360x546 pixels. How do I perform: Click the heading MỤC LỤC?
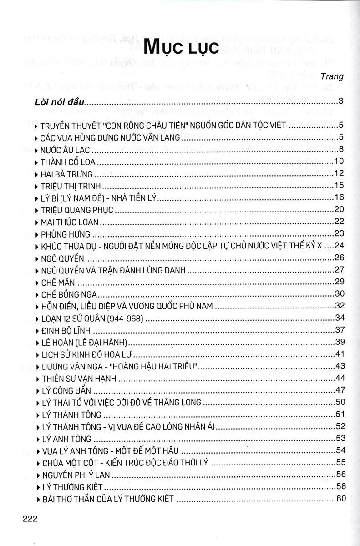[180, 47]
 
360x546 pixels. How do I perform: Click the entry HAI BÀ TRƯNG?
[66, 174]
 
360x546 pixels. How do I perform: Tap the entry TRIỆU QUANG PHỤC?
[76, 210]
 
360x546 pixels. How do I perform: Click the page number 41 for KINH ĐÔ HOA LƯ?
[341, 354]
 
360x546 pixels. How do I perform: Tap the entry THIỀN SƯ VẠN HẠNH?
[79, 378]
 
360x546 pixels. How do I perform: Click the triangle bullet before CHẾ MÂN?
[36, 282]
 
